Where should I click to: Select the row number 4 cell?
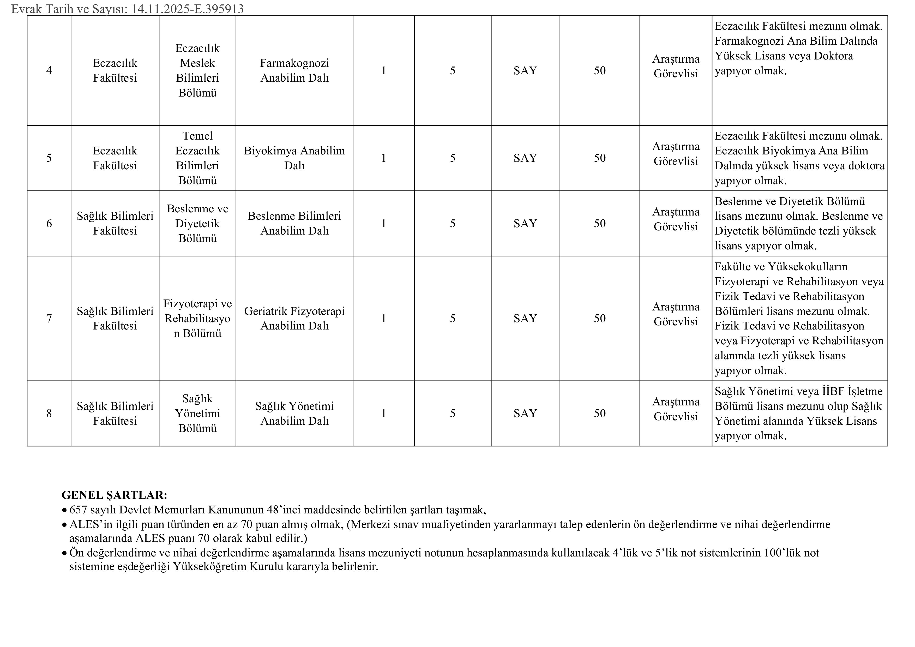point(49,70)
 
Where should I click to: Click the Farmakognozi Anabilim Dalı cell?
point(294,70)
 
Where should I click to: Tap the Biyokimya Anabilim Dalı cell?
point(294,158)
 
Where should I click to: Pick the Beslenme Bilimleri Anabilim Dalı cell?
point(294,223)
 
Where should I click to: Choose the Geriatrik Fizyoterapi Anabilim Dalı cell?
point(294,318)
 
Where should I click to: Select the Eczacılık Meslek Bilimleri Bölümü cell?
point(198,70)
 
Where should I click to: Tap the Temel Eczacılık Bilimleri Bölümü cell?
point(198,158)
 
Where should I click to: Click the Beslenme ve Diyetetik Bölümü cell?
point(198,223)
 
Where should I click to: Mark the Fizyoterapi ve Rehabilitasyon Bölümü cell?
point(198,318)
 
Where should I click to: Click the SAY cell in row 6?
point(525,223)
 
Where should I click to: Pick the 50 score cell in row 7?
point(600,318)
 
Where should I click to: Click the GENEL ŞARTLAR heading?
point(114,495)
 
